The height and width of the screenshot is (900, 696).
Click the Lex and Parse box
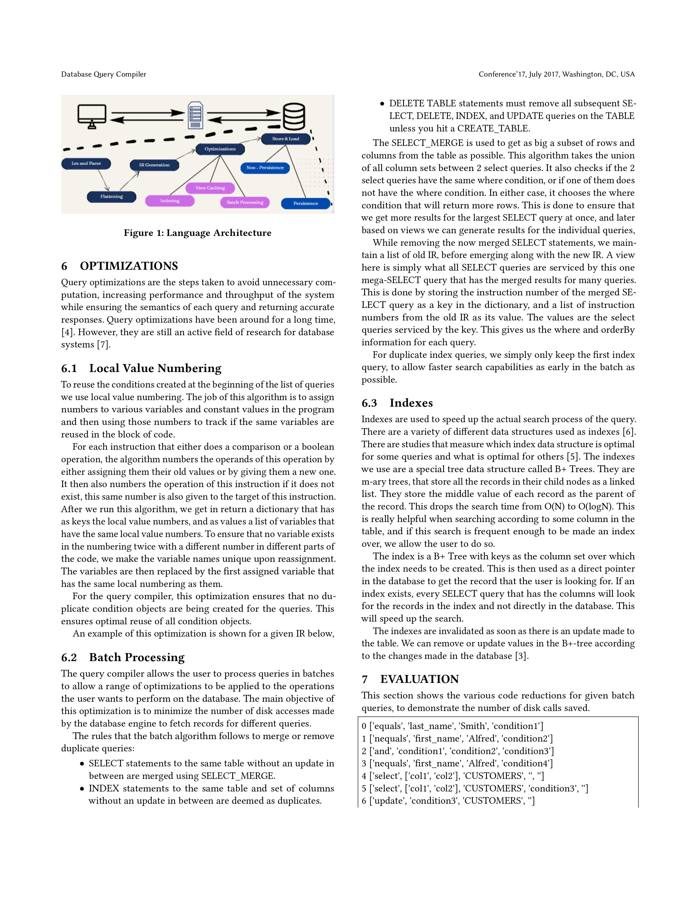point(86,164)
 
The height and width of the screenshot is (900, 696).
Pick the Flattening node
point(111,197)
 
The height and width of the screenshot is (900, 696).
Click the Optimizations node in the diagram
point(220,149)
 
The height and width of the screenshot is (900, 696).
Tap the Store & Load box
point(285,139)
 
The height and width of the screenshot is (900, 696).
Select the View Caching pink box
point(210,188)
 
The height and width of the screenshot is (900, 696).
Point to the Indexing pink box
point(169,201)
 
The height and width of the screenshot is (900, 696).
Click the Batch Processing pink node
point(245,202)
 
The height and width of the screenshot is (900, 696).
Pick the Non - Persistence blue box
point(265,168)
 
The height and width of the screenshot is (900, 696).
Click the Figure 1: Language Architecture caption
point(198,233)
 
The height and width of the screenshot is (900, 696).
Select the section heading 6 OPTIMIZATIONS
point(120,266)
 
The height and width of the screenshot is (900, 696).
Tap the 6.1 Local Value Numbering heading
point(141,368)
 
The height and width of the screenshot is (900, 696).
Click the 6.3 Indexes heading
point(397,403)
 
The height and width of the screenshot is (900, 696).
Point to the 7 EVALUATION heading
point(410,679)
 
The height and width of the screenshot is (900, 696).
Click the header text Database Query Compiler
point(103,74)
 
